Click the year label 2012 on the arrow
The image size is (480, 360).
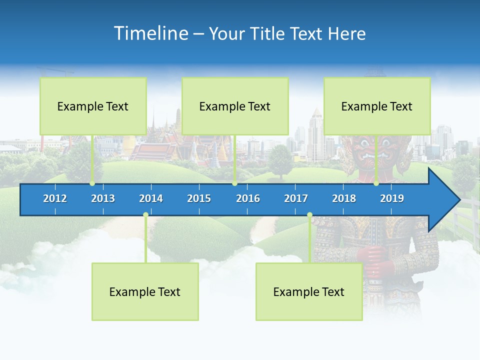(55, 198)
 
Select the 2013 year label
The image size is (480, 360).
(103, 198)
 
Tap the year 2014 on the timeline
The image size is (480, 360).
(151, 198)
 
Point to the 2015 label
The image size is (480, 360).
(199, 198)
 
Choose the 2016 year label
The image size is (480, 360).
(248, 198)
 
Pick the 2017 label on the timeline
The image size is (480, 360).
(296, 198)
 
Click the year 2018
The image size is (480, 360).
(344, 198)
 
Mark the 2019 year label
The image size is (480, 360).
(392, 198)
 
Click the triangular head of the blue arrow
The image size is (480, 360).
(443, 199)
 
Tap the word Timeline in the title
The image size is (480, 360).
(150, 33)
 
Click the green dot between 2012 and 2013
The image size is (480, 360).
(92, 183)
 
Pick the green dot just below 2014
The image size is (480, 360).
(145, 215)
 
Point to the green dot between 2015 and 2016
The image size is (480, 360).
(234, 183)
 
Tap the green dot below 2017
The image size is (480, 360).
(309, 215)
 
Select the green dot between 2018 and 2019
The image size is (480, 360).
(376, 183)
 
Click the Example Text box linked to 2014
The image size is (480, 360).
(145, 291)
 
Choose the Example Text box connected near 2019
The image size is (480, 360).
(377, 106)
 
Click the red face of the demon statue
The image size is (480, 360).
(363, 150)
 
